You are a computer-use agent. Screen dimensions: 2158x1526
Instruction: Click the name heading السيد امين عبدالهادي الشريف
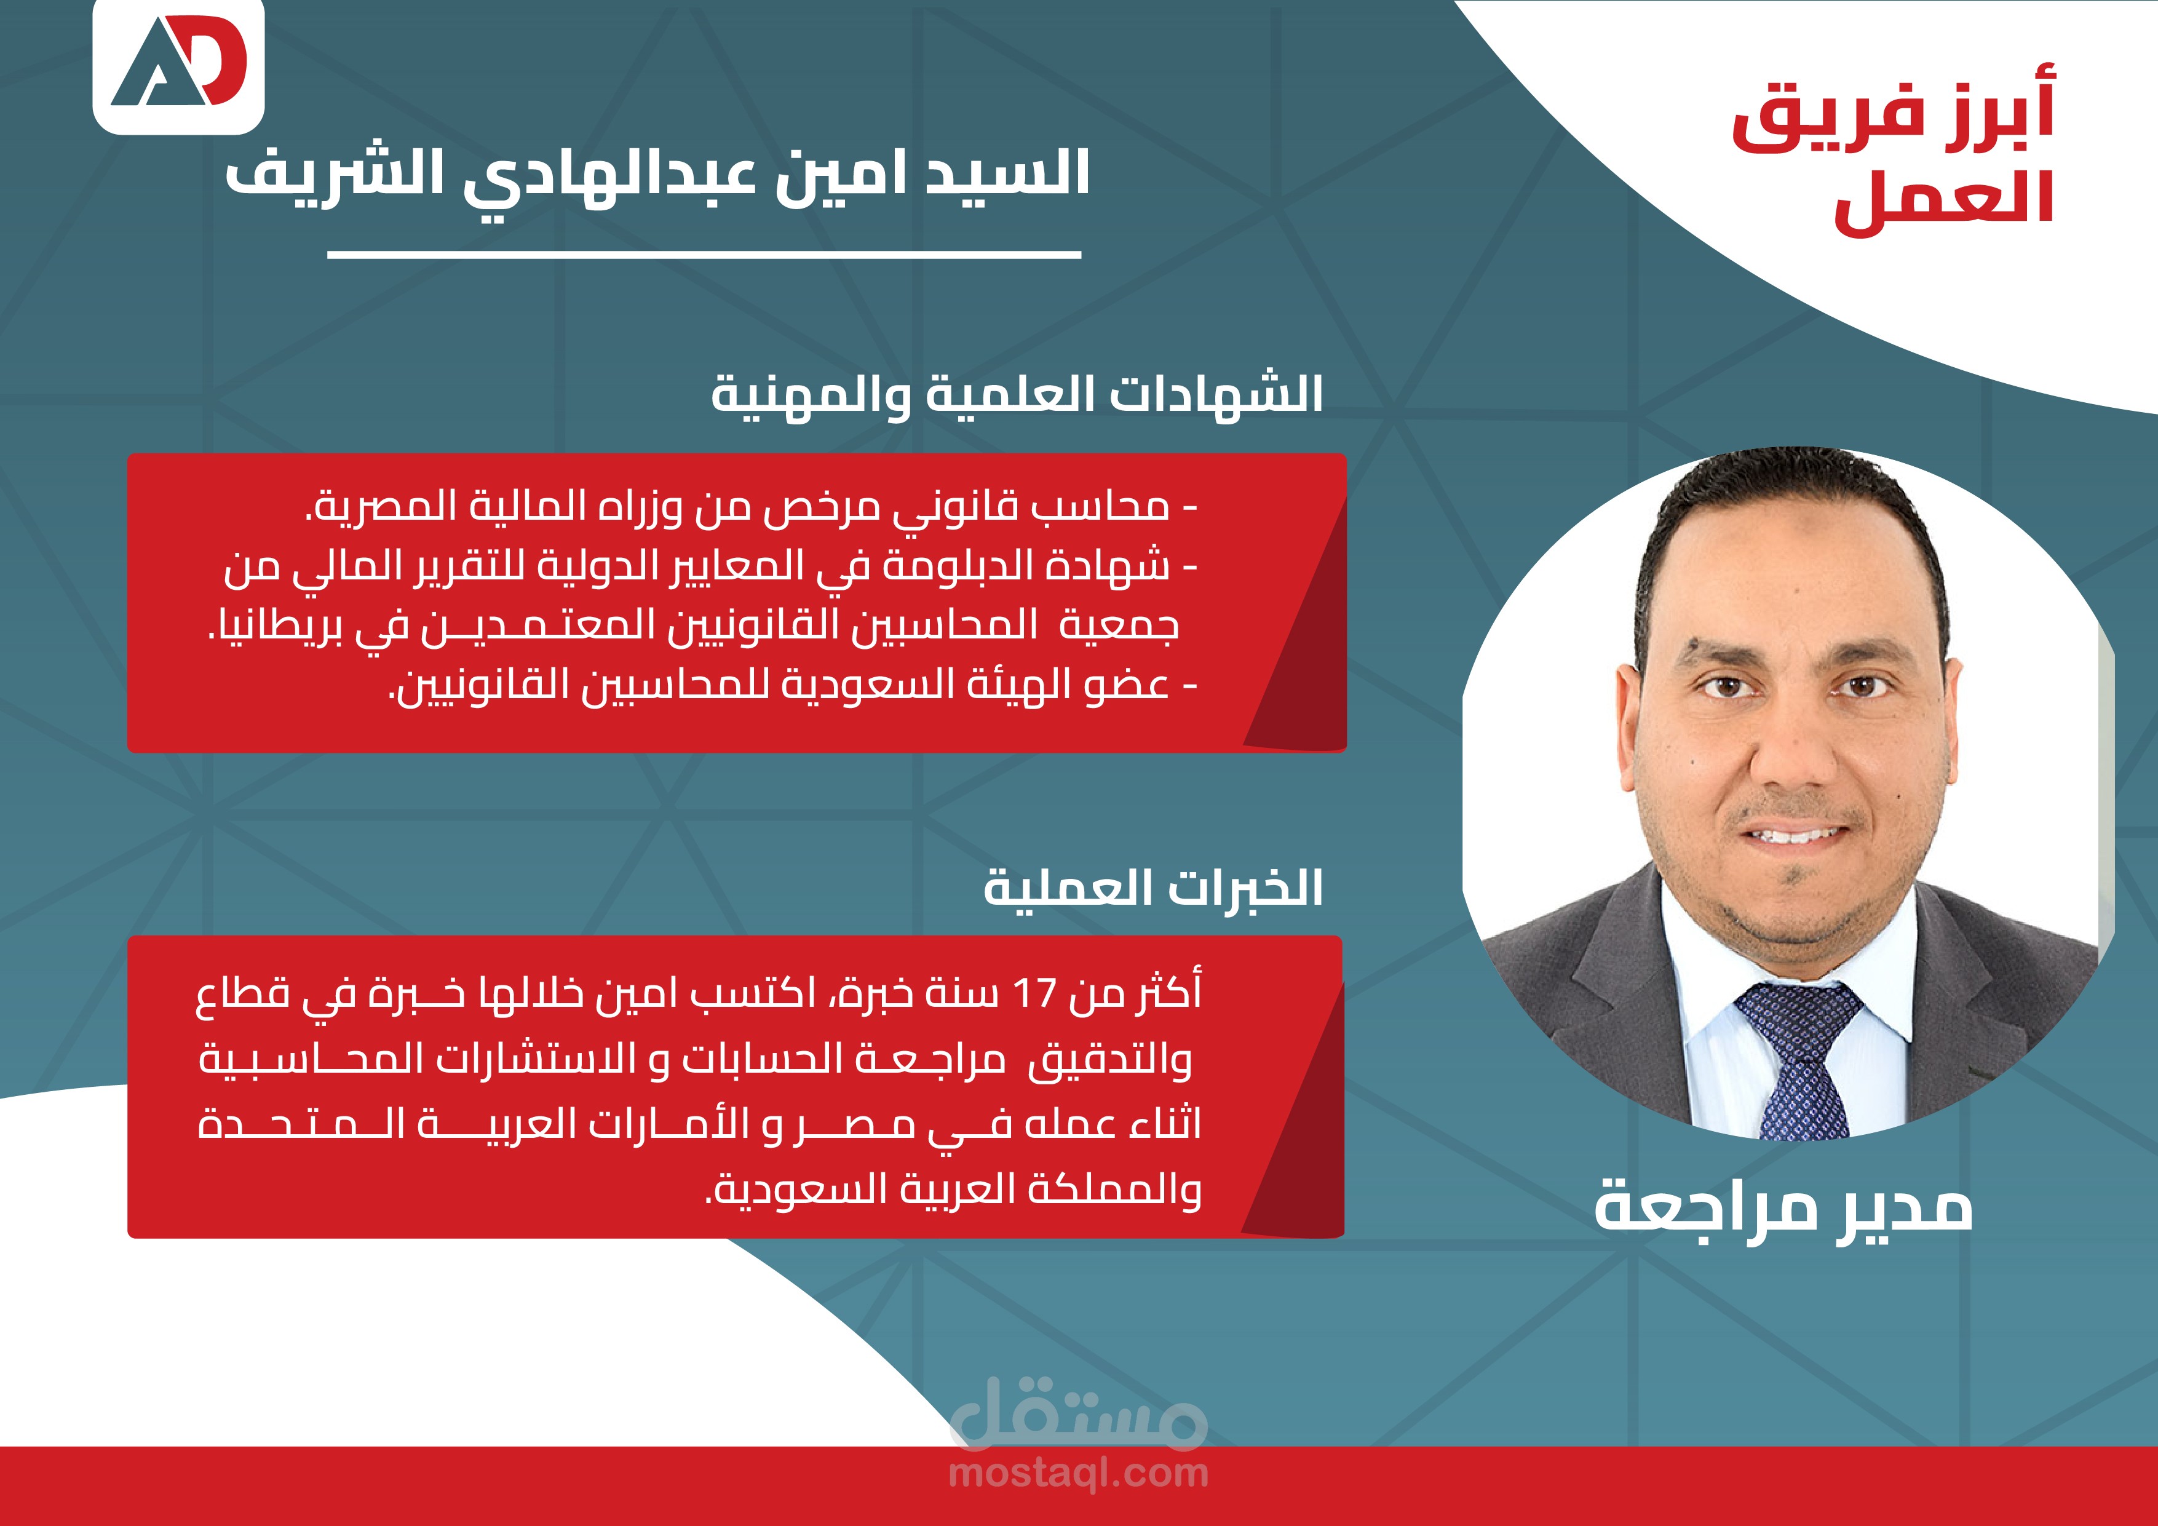pos(658,174)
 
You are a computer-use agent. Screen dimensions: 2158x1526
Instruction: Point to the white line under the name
pos(704,254)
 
